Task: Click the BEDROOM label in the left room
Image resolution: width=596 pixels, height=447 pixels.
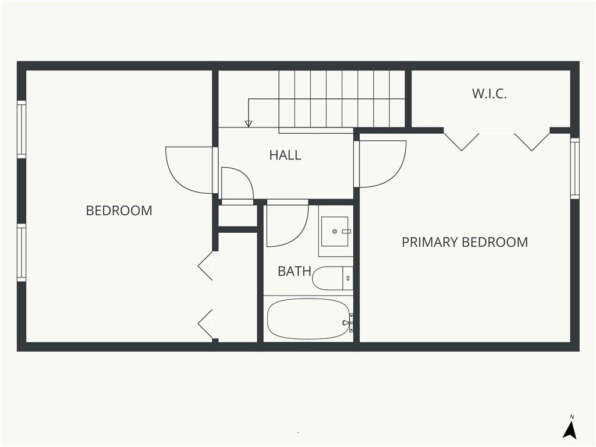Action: click(x=119, y=211)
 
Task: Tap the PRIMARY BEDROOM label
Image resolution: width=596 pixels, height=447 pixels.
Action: click(x=465, y=242)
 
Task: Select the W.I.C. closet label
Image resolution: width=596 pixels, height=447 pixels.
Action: click(x=489, y=94)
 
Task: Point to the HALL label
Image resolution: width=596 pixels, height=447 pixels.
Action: click(x=285, y=155)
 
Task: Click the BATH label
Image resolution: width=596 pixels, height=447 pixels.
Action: click(x=295, y=271)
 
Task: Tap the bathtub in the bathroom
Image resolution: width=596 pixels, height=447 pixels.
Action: click(x=308, y=318)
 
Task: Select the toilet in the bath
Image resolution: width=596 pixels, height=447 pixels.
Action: click(x=332, y=278)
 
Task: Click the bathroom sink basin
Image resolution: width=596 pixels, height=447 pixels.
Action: click(x=335, y=232)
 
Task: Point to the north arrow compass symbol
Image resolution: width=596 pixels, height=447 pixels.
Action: click(x=570, y=428)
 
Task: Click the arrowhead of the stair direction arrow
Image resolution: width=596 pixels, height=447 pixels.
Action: click(x=249, y=123)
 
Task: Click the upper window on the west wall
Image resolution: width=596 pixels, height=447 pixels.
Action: click(x=22, y=130)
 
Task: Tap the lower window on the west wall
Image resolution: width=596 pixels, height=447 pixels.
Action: click(x=22, y=253)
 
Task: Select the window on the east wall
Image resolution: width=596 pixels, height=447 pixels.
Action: click(x=574, y=168)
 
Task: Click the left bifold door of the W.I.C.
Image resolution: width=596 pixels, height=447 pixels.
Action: click(x=462, y=141)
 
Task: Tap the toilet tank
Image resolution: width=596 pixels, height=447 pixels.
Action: click(x=348, y=278)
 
